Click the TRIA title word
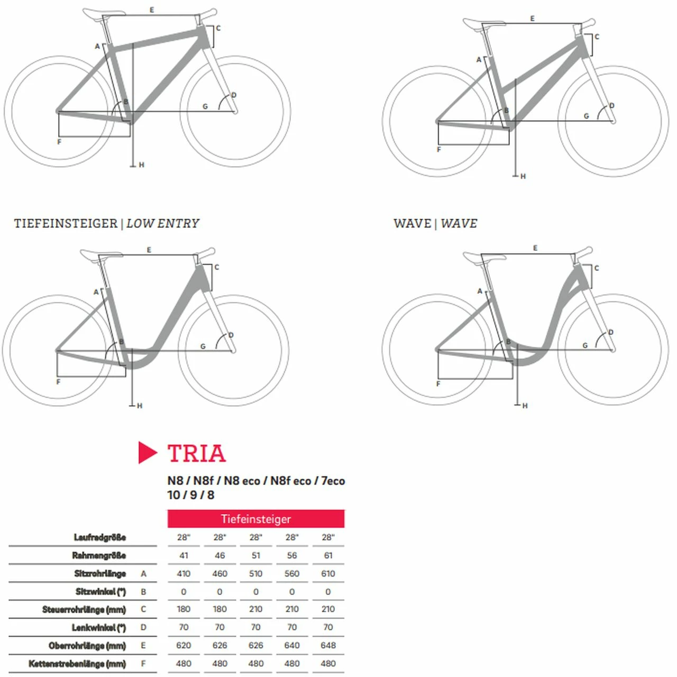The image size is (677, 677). coord(196,453)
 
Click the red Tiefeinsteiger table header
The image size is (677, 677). coord(255,519)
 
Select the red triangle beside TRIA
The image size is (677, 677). coord(147,453)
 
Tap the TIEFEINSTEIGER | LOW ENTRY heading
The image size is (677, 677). coord(106,223)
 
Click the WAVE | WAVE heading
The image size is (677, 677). coord(435,223)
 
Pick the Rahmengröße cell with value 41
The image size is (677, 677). coord(184,555)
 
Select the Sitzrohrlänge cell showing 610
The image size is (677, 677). coord(328,573)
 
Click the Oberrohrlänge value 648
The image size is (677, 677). coord(328,645)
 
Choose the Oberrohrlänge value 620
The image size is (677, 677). coord(184,645)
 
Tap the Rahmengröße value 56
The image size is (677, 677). coord(292,555)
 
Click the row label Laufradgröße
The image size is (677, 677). coord(99,537)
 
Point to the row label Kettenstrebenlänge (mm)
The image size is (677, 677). coord(77,663)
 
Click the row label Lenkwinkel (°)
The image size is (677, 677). coord(99,627)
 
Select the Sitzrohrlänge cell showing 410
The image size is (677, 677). coord(184,573)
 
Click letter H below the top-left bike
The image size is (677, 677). coord(141,165)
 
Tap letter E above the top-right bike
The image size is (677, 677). coord(533,19)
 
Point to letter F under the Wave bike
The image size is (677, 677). coord(438,383)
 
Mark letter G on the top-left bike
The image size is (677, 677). coord(205,106)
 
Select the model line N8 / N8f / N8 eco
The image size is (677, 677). coord(256,481)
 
